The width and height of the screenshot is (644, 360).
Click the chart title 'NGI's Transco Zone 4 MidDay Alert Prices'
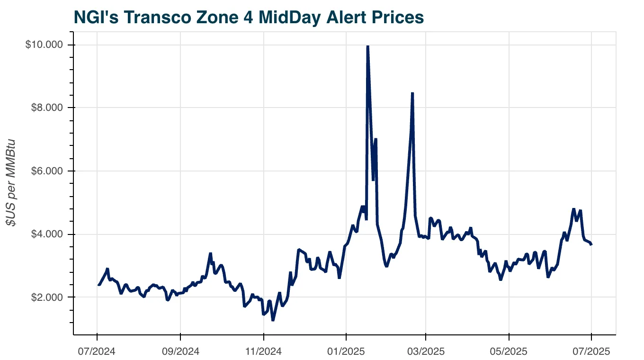249,18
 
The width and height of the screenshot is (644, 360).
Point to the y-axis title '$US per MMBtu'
10,182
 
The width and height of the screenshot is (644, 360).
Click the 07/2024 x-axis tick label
97,352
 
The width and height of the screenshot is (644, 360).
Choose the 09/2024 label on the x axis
180,352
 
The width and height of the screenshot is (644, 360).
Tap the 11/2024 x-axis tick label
264,352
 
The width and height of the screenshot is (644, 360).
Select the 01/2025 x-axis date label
346,352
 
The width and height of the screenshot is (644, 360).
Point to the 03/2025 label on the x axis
426,352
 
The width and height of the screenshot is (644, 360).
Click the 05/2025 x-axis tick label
509,352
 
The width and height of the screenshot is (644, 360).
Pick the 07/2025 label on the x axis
591,352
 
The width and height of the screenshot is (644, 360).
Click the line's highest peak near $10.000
368,46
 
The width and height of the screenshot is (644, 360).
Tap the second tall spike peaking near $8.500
412,93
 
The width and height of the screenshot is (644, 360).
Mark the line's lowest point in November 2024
273,320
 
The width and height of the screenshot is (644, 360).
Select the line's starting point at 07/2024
98,285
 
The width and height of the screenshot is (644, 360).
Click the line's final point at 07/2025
591,244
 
